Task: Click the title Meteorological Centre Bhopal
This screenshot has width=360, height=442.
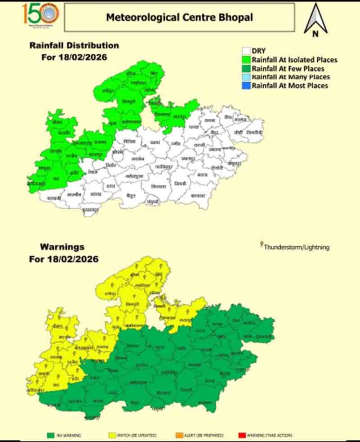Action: (179, 17)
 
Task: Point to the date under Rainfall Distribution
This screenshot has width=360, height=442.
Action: (75, 57)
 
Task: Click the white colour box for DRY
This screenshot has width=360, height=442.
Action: (246, 51)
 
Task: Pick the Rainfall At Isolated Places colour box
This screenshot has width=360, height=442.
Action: (246, 59)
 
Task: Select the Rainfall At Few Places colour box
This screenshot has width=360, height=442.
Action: (246, 68)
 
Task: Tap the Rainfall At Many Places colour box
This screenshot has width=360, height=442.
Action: (246, 76)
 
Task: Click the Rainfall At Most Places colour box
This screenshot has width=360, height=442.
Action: (246, 85)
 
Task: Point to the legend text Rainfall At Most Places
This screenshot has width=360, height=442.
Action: (290, 85)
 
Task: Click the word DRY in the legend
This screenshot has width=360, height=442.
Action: (259, 51)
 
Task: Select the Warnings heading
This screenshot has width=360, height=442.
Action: (62, 247)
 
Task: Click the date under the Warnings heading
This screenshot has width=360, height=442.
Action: (65, 259)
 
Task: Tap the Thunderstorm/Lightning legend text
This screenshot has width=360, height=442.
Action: (296, 247)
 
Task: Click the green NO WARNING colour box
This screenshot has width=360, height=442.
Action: (51, 435)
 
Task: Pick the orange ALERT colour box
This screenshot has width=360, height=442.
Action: (179, 435)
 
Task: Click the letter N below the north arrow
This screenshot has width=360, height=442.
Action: (315, 34)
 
